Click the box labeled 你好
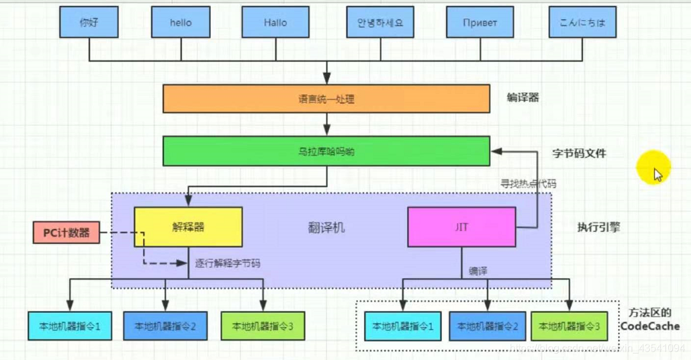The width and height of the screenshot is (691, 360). [x=89, y=23]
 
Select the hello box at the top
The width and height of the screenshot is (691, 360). [x=181, y=23]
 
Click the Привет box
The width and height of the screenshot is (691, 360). [x=480, y=23]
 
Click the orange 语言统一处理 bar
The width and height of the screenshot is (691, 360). [x=326, y=99]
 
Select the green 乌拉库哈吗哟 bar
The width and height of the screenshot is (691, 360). [x=326, y=152]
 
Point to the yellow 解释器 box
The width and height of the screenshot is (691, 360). [x=188, y=227]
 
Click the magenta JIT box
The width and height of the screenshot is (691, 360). [x=461, y=227]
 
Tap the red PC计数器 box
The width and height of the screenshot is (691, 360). [x=66, y=233]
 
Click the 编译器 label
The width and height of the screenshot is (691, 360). [x=523, y=98]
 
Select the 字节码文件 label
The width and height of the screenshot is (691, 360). [x=579, y=154]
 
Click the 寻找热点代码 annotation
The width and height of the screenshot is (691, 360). [x=528, y=184]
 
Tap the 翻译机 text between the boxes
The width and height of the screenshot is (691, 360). [x=326, y=228]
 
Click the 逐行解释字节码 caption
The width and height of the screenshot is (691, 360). [x=228, y=263]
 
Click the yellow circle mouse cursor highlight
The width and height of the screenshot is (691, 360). [x=654, y=169]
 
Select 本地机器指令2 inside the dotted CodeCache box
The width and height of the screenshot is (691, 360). [x=488, y=326]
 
